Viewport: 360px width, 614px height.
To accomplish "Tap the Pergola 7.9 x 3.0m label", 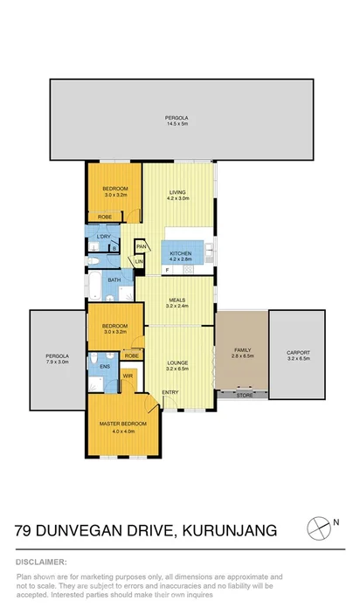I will coord(57,358).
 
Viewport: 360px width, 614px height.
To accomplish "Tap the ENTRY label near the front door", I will coord(170,391).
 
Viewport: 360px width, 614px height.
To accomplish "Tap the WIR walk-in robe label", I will coord(128,376).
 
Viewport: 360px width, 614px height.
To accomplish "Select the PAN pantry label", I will coord(140,247).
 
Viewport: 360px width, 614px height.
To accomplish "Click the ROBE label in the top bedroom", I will coord(104,217).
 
